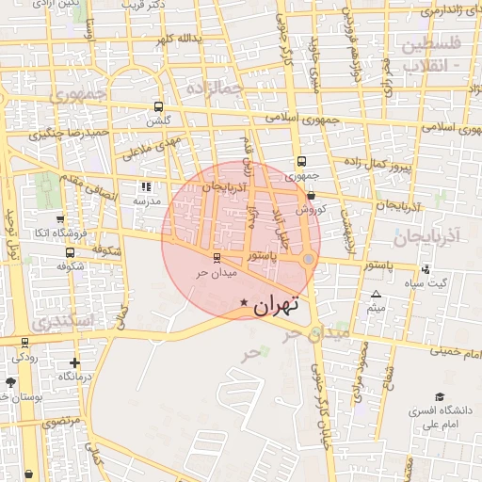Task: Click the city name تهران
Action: pos(275,304)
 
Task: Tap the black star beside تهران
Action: pos(245,303)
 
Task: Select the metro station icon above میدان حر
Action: pos(217,257)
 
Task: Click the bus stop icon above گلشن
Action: pos(157,106)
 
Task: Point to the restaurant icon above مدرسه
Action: pos(145,186)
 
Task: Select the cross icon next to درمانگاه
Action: pos(75,362)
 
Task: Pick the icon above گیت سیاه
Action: pos(426,269)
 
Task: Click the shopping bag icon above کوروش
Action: pos(311,195)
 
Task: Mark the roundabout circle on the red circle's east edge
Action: pos(308,260)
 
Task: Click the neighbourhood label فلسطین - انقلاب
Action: pos(430,56)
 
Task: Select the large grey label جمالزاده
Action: pos(215,88)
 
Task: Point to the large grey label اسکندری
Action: pos(62,322)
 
